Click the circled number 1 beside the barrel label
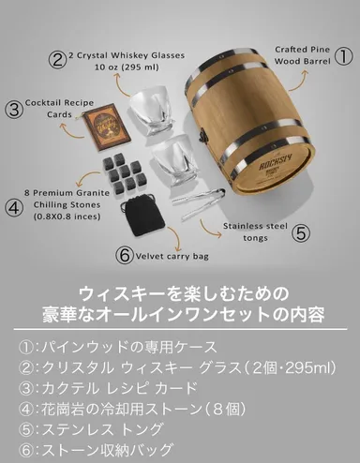pyautogui.click(x=344, y=56)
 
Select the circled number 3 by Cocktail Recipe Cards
pyautogui.click(x=14, y=108)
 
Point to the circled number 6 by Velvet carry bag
pyautogui.click(x=124, y=253)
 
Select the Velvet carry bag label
pyautogui.click(x=177, y=253)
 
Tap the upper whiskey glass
pyautogui.click(x=156, y=115)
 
